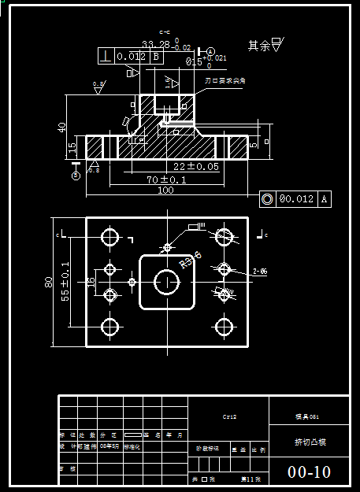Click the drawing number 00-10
point(309,472)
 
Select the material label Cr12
point(230,416)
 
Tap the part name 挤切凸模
point(309,442)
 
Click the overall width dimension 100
point(165,190)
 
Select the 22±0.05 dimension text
point(196,167)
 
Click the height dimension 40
point(62,128)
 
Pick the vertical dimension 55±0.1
point(65,282)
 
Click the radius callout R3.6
point(191,260)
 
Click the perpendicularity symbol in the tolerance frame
point(106,56)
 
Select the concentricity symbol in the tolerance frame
point(268,199)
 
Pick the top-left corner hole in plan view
point(110,236)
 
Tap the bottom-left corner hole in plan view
point(110,326)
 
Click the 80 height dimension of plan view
point(49,282)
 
